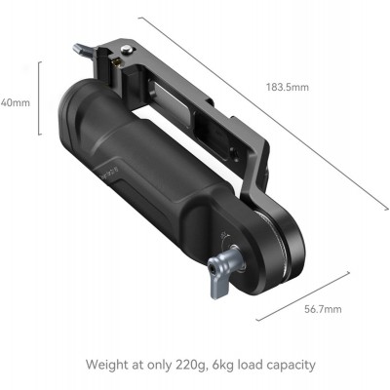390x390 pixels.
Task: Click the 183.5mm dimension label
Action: click(287, 88)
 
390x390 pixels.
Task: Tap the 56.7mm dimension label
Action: click(320, 309)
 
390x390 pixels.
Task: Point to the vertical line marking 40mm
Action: click(39, 100)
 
